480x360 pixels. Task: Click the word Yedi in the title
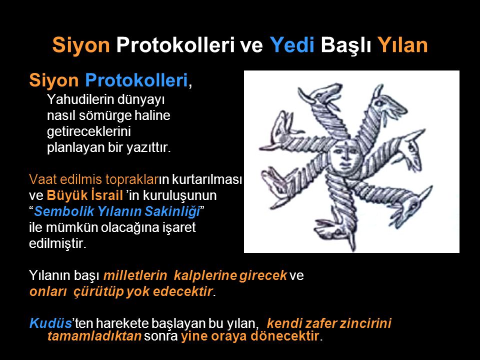(292, 45)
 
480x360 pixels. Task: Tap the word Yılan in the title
(402, 45)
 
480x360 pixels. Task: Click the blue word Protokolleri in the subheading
(136, 80)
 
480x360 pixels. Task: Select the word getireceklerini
(89, 131)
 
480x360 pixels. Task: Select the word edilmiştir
(57, 243)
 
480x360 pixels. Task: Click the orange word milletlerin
(135, 275)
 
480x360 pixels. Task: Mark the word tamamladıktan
(94, 336)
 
